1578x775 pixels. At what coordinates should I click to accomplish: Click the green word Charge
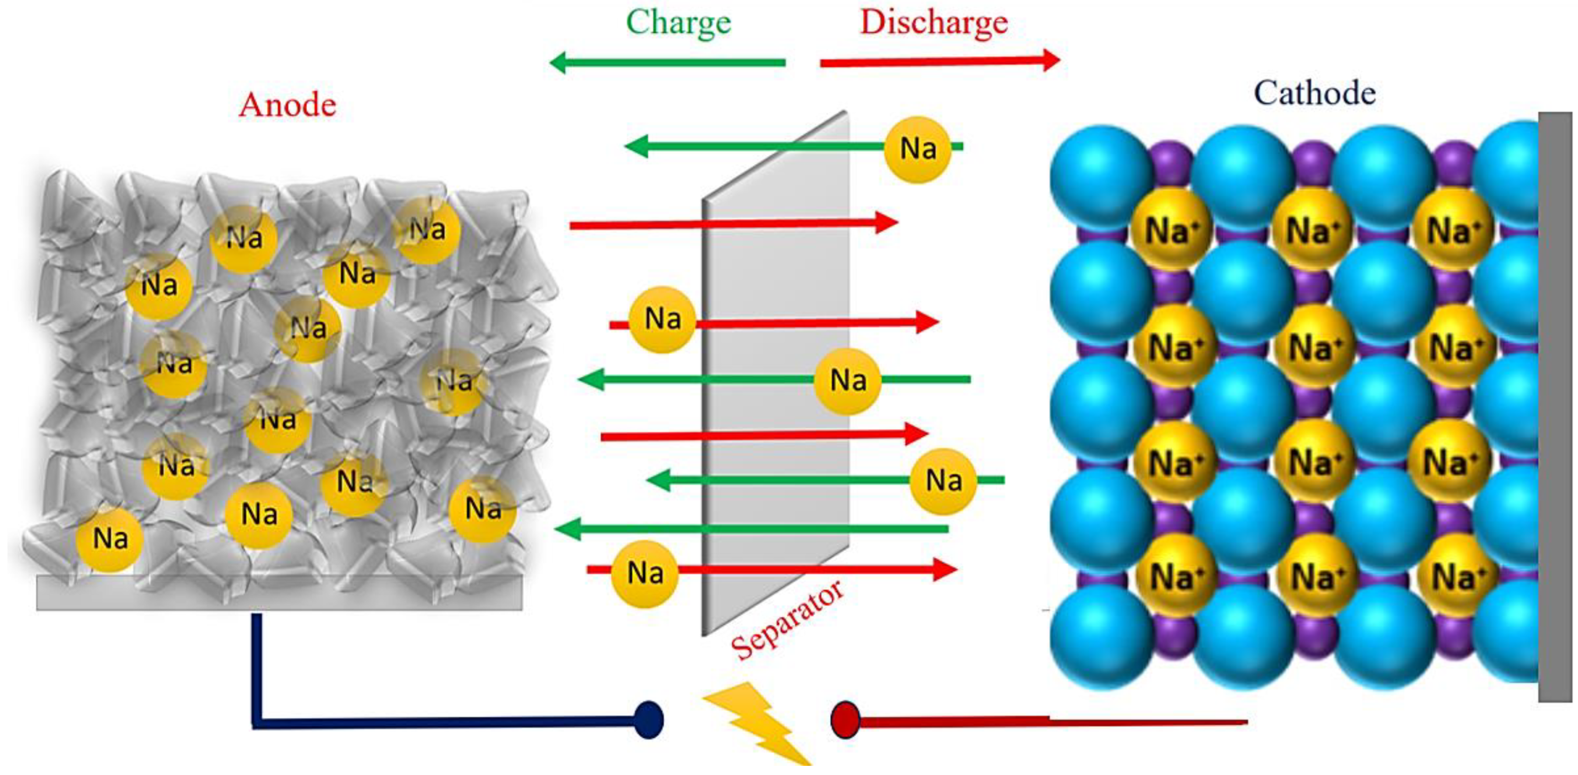(x=678, y=23)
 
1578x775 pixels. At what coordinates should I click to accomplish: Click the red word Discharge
(x=933, y=23)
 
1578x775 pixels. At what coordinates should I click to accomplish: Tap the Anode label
(x=287, y=105)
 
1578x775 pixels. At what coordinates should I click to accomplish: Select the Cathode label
(x=1315, y=94)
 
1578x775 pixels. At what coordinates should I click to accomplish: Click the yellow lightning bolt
(x=756, y=723)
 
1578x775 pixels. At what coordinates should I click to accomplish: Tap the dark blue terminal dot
(x=648, y=720)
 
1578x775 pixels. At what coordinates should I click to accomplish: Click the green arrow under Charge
(x=668, y=63)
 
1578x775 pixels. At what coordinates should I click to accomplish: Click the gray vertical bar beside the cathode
(x=1555, y=404)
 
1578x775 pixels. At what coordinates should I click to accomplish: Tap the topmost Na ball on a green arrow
(x=917, y=149)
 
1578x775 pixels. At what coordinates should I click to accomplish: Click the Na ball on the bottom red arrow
(x=645, y=573)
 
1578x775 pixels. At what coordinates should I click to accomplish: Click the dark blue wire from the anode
(x=429, y=723)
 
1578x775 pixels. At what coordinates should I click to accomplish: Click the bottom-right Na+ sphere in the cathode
(x=1458, y=576)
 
